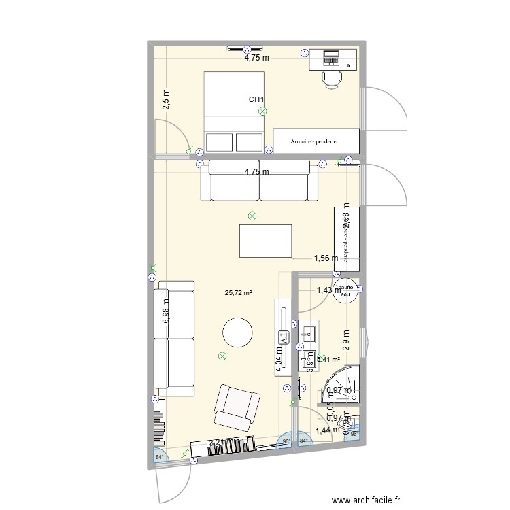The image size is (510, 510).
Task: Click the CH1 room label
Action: [x=256, y=100]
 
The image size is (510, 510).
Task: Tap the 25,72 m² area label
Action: [x=238, y=293]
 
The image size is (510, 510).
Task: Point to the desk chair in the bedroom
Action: [x=332, y=78]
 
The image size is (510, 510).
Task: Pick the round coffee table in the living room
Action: [x=238, y=334]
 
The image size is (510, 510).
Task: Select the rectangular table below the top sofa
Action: [x=265, y=241]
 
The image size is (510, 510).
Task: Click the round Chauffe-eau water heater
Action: [x=345, y=289]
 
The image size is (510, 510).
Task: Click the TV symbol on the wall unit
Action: [x=283, y=337]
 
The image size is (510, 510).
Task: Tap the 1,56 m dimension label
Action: [x=326, y=258]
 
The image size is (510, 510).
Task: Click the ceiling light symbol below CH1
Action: [x=262, y=112]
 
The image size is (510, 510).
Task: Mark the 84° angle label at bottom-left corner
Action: [x=159, y=456]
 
